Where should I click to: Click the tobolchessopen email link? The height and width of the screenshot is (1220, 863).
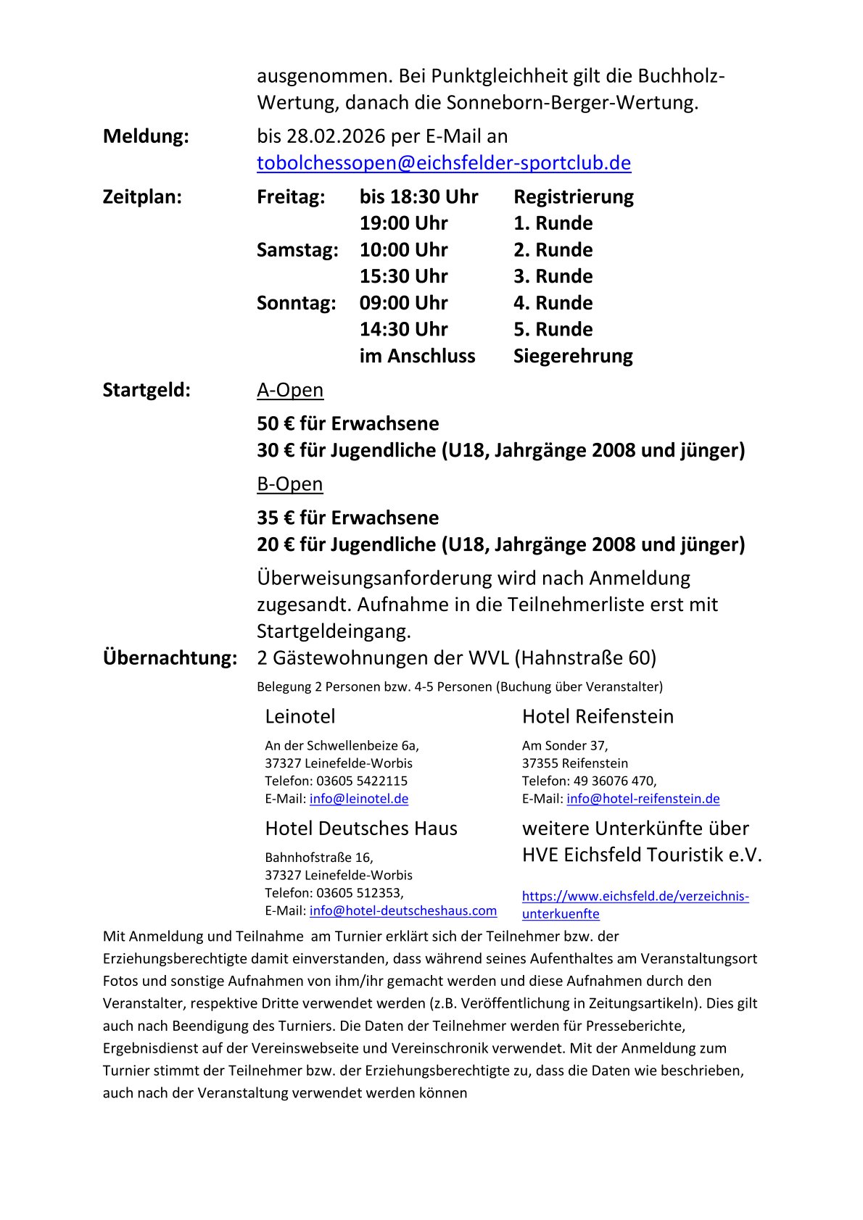tap(444, 163)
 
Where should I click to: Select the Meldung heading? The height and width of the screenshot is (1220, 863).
tap(146, 136)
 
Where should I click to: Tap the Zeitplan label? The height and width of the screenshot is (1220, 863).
tap(142, 197)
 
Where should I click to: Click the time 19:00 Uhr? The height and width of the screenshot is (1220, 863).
tap(404, 223)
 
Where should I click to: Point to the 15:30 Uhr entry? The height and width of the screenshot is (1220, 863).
tap(404, 276)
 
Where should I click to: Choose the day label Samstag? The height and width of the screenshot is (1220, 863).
tap(297, 250)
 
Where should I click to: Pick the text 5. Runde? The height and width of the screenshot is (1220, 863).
tap(553, 329)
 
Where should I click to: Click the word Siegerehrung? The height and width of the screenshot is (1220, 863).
tap(573, 356)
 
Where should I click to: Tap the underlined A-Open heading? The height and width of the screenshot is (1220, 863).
tap(290, 390)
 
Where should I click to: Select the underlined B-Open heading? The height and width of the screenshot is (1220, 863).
tap(290, 484)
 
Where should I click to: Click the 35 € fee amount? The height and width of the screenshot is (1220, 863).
tap(275, 518)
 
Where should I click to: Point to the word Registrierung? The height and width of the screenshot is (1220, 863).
tap(574, 197)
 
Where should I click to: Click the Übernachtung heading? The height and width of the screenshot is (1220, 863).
tap(170, 658)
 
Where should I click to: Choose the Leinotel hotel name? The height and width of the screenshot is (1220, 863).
tap(300, 716)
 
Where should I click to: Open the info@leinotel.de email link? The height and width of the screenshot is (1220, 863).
tap(359, 799)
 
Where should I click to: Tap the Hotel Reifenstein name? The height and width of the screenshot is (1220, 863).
tap(598, 716)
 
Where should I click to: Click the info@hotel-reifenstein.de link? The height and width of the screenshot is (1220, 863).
tap(643, 799)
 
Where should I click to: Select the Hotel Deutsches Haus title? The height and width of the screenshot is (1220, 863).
tap(361, 829)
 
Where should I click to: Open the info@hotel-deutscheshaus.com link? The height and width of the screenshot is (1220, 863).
tap(403, 910)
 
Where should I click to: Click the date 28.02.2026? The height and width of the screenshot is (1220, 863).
tap(336, 136)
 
